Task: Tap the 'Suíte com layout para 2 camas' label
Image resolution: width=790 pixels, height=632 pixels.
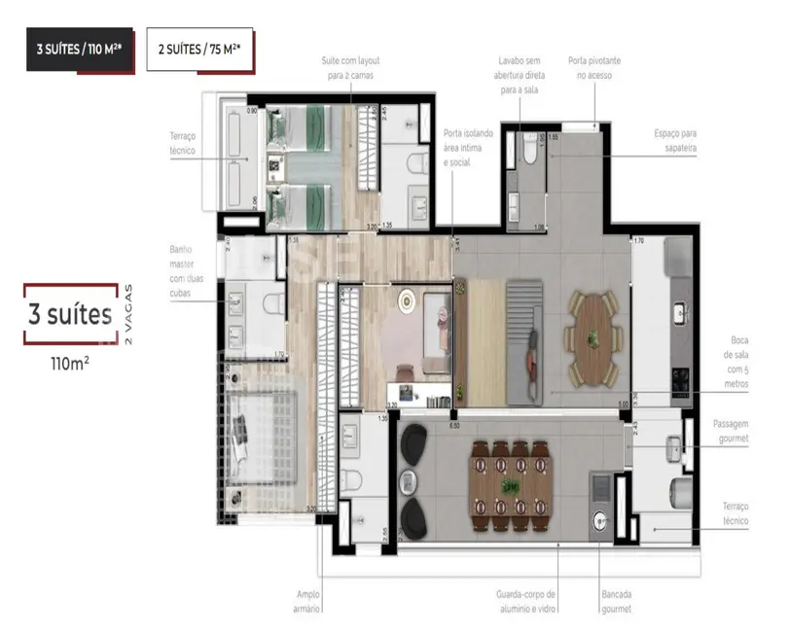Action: click(x=347, y=67)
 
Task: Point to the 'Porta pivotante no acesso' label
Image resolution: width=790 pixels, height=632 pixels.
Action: click(x=597, y=67)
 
